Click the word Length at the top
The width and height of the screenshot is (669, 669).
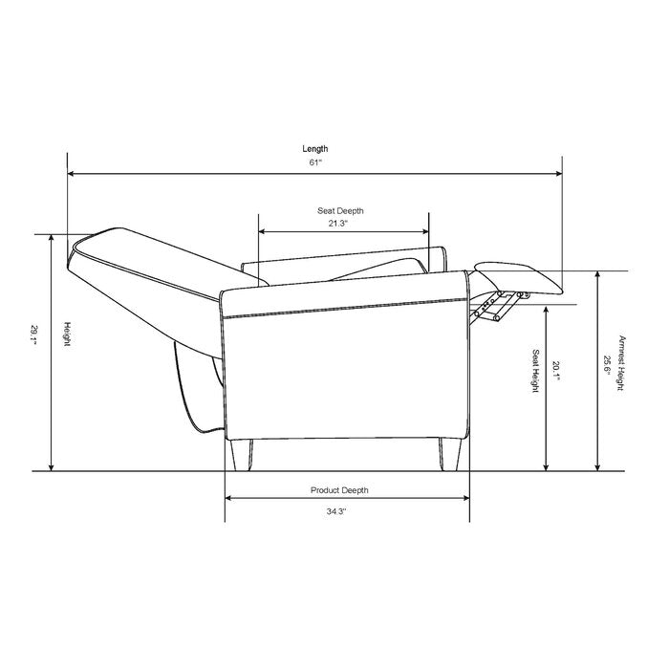(x=315, y=149)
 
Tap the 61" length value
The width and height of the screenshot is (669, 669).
(x=315, y=162)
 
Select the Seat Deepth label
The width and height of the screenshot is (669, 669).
(x=340, y=211)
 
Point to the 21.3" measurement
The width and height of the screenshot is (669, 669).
(x=338, y=223)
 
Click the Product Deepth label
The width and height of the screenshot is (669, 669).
(x=339, y=490)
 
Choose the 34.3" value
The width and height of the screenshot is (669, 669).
(x=336, y=511)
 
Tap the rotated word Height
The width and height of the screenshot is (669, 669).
(x=67, y=334)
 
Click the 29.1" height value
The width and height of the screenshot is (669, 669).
(x=33, y=334)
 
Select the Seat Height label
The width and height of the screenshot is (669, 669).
(x=535, y=371)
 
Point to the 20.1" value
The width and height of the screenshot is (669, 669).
(x=555, y=371)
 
